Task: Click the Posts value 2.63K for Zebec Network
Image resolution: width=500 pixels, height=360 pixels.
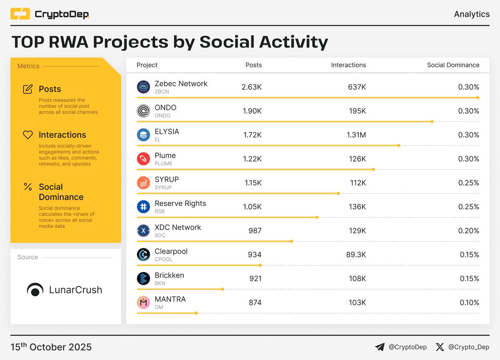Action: tap(252, 87)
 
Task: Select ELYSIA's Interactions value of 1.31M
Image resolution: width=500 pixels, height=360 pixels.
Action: tap(356, 135)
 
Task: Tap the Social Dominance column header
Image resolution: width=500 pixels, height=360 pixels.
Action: tap(453, 65)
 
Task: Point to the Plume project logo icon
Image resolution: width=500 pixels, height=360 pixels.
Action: tap(143, 159)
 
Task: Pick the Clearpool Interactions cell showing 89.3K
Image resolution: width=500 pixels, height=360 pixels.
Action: tap(356, 255)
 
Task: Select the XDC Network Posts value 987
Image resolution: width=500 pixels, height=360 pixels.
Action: tap(255, 231)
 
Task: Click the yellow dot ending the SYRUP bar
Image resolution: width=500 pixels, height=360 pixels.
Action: tap(338, 193)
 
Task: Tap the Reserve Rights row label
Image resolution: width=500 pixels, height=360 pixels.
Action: tap(180, 203)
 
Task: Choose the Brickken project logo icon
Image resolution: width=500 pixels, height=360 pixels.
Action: tap(143, 278)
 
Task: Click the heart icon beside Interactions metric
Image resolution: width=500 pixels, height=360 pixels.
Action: tap(28, 135)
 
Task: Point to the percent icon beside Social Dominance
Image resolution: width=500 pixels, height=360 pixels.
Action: tap(28, 187)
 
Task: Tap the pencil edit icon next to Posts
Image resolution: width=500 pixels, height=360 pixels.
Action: tap(28, 89)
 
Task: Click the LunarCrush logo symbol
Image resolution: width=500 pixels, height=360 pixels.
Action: tap(35, 290)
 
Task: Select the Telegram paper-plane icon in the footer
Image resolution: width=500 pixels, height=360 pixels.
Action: tap(380, 347)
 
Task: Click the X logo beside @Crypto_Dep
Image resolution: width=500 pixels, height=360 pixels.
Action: tap(440, 347)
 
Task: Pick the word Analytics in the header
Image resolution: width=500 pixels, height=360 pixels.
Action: tap(471, 14)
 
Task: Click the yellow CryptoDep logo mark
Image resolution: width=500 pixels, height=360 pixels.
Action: tap(20, 14)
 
